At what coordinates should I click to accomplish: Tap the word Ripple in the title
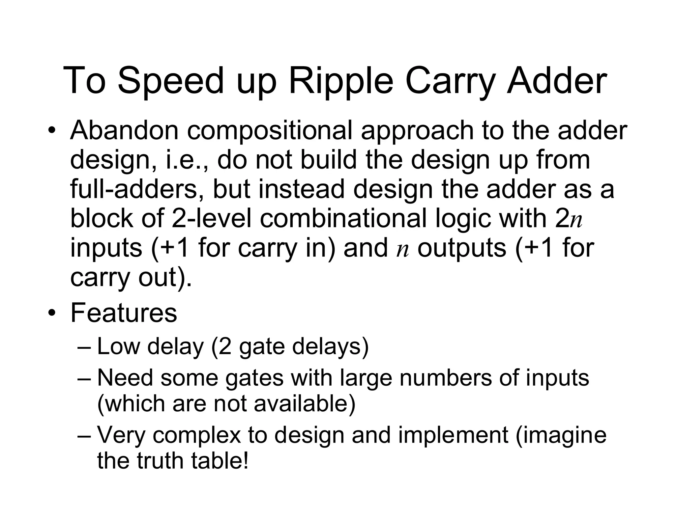341,81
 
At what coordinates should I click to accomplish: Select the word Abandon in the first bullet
124,130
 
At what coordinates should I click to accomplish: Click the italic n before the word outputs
402,249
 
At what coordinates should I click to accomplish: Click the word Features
124,313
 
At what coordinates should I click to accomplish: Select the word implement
453,435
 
